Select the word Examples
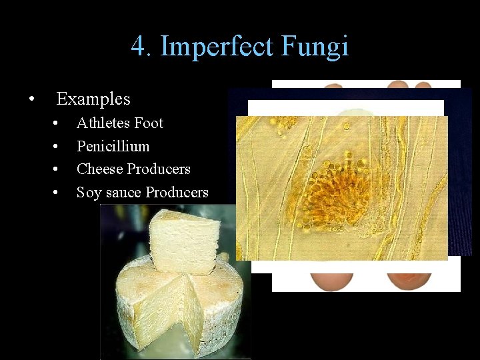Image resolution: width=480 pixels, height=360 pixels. (93, 99)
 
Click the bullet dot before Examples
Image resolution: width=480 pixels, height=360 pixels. (31, 100)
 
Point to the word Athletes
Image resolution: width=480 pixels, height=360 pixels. (103, 123)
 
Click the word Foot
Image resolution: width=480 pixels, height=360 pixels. (149, 123)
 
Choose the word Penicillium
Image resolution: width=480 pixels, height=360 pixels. (113, 146)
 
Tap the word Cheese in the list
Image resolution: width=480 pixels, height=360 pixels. (99, 169)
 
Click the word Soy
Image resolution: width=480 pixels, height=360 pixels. (89, 193)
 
